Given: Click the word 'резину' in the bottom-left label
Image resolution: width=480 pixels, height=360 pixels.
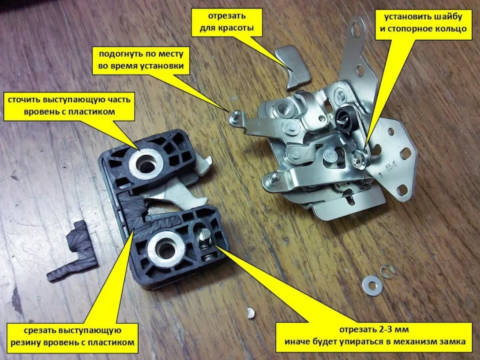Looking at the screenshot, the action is pyautogui.click(x=26, y=342).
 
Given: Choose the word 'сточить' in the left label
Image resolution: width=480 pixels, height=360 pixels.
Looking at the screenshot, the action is pyautogui.click(x=23, y=100).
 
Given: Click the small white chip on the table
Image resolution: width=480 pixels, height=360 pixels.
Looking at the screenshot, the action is pyautogui.click(x=251, y=313).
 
